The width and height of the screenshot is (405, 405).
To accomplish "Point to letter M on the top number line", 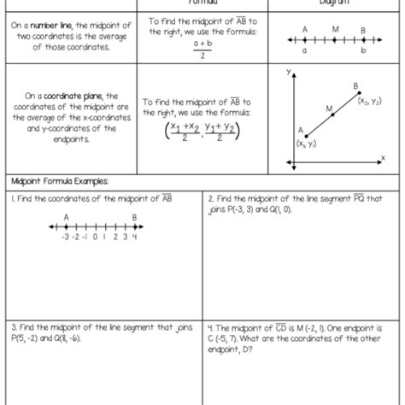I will (335, 29).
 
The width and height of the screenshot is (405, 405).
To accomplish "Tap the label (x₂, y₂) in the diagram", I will (369, 100).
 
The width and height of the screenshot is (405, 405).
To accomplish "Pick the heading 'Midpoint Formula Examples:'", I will (60, 182).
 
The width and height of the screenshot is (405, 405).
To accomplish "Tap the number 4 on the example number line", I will (134, 238).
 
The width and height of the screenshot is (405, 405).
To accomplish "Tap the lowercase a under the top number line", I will (304, 51).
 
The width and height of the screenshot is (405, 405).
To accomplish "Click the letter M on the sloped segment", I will (329, 109).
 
